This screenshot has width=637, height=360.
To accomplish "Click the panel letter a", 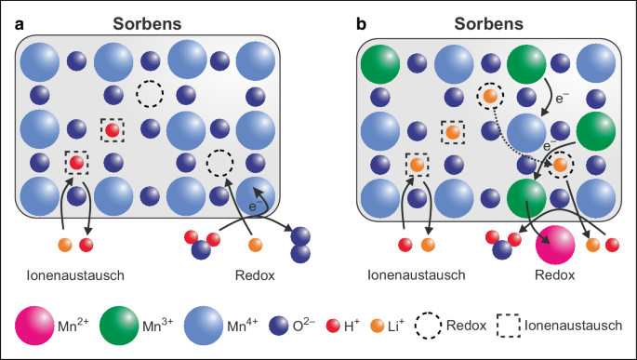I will (19, 25).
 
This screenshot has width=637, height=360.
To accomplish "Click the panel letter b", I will (361, 25).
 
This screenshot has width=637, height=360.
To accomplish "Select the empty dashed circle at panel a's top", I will (149, 94).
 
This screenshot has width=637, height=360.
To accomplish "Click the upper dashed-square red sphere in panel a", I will (113, 130).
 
